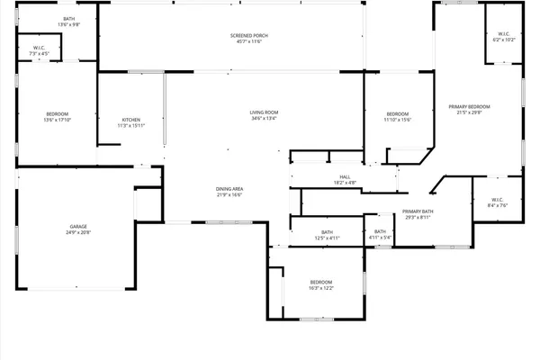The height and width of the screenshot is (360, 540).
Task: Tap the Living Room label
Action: pos(264,112)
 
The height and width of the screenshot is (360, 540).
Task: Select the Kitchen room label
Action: pos(130,120)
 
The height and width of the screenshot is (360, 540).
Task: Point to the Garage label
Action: pos(78,226)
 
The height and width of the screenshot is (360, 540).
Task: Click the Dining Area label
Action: pos(229,188)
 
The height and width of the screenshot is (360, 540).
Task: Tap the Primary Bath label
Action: pos(419,211)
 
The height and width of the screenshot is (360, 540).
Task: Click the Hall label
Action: pos(345,176)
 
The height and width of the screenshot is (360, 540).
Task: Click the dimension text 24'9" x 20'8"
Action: pos(78,232)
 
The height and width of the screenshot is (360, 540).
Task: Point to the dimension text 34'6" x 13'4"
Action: pos(264,118)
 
